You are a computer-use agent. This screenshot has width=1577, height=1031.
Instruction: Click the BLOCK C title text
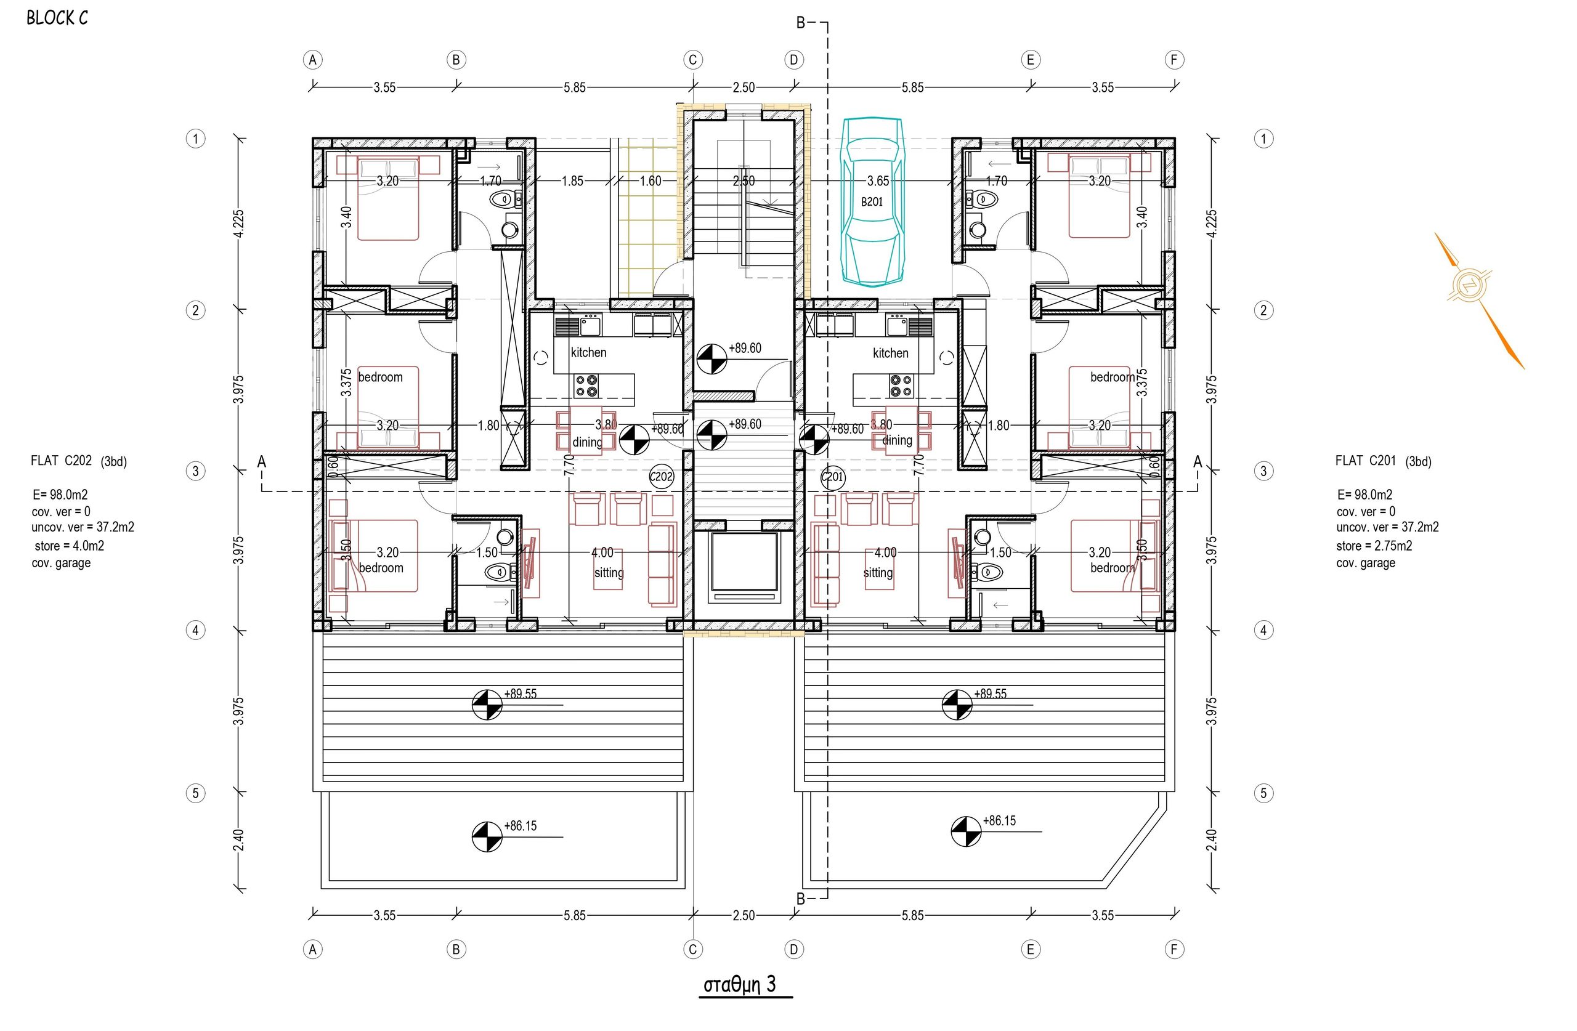(57, 18)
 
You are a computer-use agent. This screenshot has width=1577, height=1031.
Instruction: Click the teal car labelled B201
(872, 201)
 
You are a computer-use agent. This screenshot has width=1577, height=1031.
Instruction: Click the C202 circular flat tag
(661, 477)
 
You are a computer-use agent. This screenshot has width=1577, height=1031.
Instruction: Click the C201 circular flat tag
(833, 477)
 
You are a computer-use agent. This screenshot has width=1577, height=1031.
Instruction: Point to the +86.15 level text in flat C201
(999, 820)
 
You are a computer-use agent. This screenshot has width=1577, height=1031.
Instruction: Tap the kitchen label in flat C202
(588, 352)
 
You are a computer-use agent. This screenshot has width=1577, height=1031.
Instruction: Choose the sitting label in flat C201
(878, 573)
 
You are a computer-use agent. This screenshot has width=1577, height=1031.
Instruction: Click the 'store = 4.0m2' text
(70, 546)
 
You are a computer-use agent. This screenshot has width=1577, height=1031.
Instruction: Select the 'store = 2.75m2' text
(1374, 546)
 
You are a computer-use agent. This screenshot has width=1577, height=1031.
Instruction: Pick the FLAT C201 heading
(1366, 461)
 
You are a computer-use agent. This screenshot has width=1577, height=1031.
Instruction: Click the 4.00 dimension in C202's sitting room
(602, 552)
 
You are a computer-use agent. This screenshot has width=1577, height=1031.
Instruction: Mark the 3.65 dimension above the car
(878, 181)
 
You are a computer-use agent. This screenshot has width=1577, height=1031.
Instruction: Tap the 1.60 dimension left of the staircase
(650, 181)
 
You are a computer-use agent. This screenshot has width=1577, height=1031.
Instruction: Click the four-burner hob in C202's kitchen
(586, 386)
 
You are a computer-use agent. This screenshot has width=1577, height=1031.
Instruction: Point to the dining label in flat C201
(897, 440)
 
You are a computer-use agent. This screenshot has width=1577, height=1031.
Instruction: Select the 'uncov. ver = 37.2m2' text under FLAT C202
(83, 527)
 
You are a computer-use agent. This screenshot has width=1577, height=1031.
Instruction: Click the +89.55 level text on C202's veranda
(521, 693)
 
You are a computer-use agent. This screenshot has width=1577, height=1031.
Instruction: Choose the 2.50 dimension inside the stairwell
(744, 181)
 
